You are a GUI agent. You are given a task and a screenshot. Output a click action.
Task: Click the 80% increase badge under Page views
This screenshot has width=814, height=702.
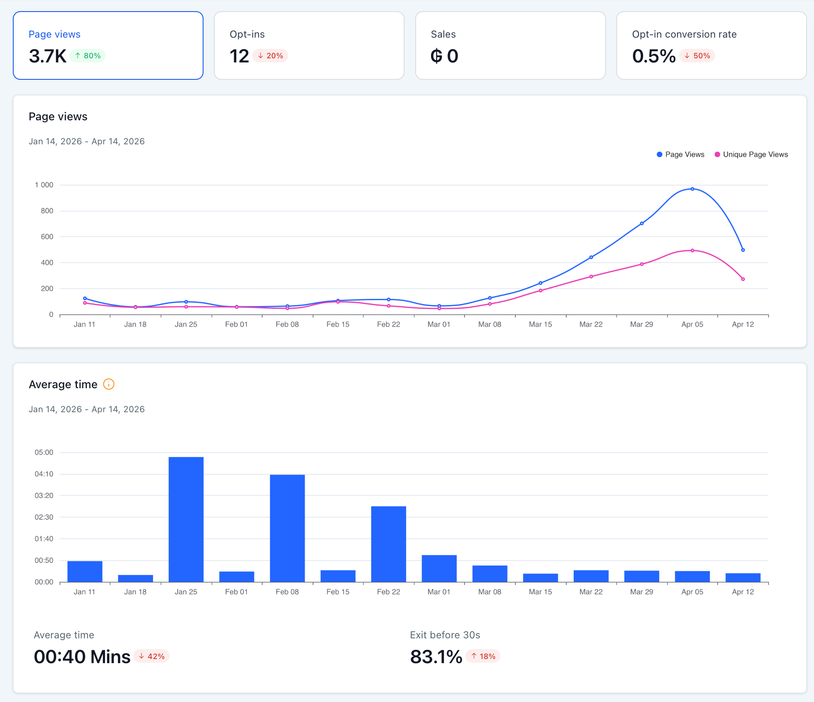coord(88,56)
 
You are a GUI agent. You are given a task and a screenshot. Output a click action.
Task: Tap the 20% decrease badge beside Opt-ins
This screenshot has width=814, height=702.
coord(271,56)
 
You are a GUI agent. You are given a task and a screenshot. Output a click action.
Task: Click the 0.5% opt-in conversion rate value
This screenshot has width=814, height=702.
coord(654,56)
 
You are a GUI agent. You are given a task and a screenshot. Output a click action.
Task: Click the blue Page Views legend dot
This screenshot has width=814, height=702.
coord(659,155)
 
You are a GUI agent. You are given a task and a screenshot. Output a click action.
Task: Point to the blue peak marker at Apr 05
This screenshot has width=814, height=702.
coord(692,189)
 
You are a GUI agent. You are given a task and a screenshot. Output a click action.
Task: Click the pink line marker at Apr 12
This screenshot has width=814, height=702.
coord(743,279)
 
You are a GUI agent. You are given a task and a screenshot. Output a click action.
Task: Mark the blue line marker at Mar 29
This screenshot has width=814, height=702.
coord(642,224)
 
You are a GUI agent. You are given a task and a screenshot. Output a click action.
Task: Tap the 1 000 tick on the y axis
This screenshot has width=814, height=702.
coord(44,185)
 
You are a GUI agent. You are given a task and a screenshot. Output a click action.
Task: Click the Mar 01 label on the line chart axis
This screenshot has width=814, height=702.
coord(439,325)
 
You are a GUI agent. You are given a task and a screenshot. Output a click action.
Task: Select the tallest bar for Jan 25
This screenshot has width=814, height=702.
coord(186,519)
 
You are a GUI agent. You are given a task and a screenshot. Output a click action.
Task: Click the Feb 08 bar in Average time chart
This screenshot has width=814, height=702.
coord(287,528)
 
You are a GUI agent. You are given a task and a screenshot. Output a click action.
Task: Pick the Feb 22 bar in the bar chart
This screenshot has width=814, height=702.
coord(388,544)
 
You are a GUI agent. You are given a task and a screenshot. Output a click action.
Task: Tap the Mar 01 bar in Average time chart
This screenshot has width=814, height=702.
coord(439,568)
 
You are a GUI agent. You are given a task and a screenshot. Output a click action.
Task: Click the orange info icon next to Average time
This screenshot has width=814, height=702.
coord(108,384)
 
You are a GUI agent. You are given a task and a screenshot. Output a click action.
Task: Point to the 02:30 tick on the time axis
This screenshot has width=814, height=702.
coord(44,517)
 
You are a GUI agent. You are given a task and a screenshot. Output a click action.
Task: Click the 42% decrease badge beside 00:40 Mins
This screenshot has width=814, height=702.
coord(152,657)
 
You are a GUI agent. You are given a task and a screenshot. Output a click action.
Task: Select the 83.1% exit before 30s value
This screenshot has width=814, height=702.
coord(436,657)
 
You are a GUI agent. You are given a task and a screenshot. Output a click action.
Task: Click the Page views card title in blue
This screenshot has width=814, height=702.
coord(55,34)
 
